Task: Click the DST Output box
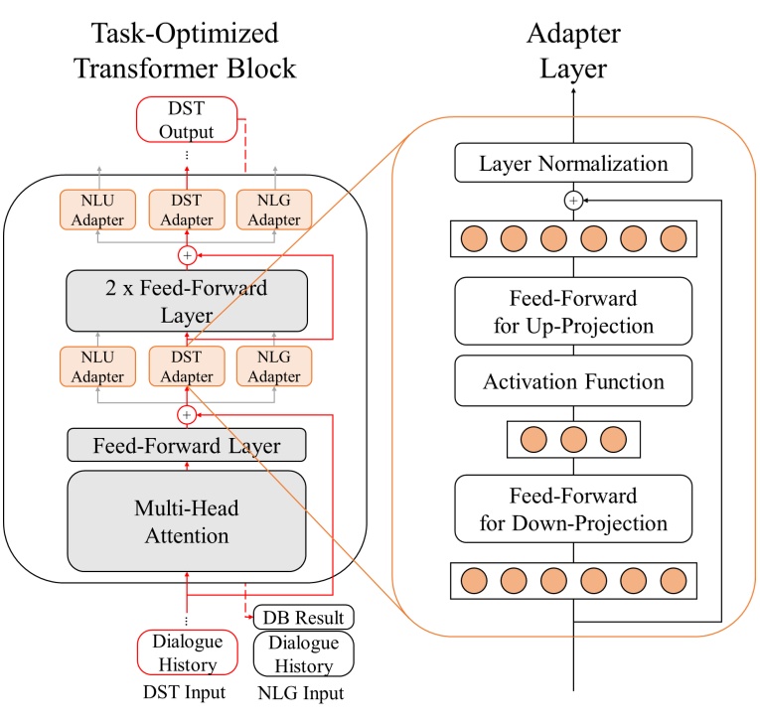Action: click(x=187, y=118)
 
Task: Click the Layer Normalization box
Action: click(x=572, y=162)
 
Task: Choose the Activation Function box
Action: click(x=572, y=381)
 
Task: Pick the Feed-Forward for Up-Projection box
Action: click(x=572, y=313)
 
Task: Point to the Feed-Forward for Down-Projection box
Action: click(x=572, y=507)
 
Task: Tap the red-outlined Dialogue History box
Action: click(x=187, y=652)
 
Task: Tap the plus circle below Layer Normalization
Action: click(x=572, y=200)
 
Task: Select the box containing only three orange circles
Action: click(x=572, y=438)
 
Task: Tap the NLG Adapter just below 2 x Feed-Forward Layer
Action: click(x=273, y=366)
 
